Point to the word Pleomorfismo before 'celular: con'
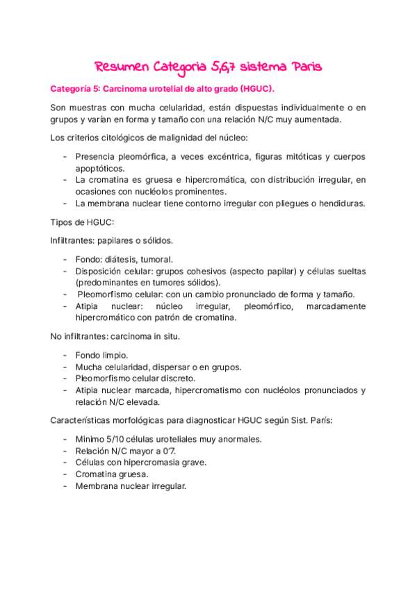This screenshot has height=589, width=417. [x=108, y=294]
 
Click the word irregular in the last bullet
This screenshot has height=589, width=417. [x=165, y=486]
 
